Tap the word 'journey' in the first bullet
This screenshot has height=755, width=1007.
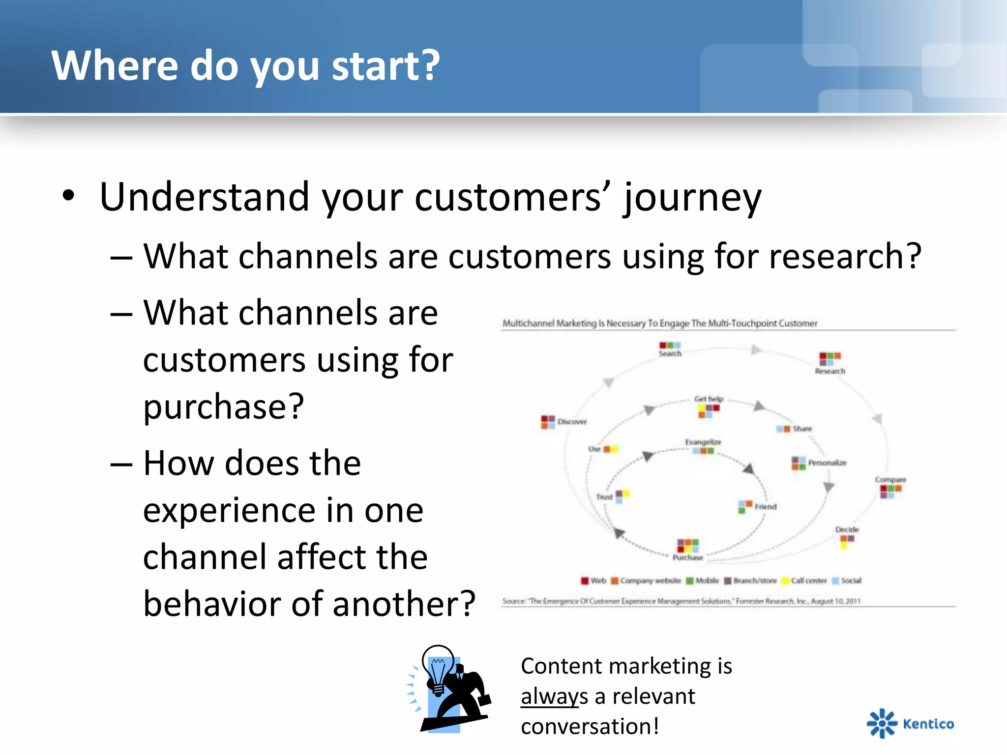pos(692,198)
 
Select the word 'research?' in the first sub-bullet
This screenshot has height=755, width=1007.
pos(845,257)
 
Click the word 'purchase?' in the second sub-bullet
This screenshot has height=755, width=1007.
pos(224,407)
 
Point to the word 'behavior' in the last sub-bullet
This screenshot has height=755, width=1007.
pos(211,604)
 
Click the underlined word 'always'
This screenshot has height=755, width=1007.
pos(554,697)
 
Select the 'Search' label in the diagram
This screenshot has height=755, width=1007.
pos(670,353)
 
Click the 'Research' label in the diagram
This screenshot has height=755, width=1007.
pos(829,371)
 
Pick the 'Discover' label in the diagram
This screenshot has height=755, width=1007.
pos(572,422)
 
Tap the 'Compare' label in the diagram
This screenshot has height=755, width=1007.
pos(890,479)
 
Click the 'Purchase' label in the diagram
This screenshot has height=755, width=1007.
pos(687,557)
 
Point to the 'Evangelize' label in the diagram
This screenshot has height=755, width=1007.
pos(703,442)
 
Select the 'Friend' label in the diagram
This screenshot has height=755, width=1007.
pos(765,507)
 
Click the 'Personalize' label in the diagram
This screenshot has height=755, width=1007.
pos(827,463)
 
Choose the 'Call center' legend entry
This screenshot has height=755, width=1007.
pos(808,581)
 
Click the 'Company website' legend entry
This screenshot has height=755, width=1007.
pos(650,581)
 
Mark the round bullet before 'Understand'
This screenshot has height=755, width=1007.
pos(68,196)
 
